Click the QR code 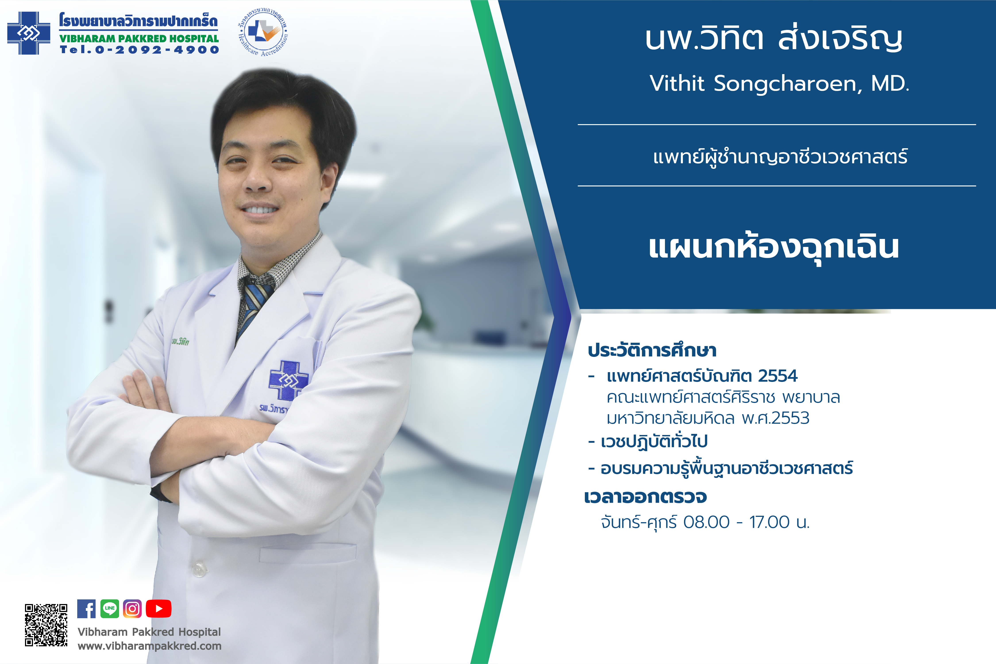tap(46, 625)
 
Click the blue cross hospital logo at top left tap(29, 33)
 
